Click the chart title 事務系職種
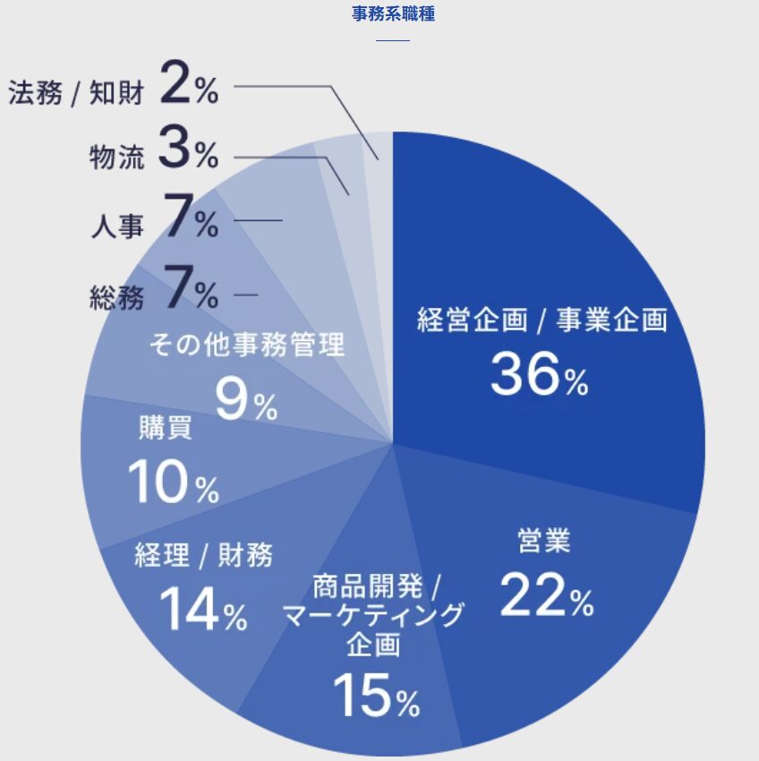393,14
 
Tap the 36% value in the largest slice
539,376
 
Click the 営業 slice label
544,541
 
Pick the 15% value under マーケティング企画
375,697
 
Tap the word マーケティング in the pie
373,616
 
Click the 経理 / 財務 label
203,555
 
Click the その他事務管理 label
246,345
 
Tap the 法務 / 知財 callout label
76,92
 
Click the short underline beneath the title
392,40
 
